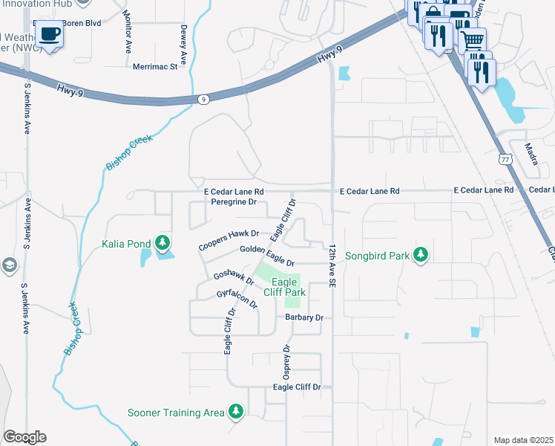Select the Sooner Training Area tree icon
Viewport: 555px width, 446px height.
point(236,411)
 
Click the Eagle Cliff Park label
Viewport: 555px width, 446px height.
point(288,287)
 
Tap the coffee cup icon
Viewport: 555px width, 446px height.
point(50,34)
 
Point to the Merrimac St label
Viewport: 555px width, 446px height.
point(156,66)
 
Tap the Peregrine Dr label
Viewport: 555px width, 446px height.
point(233,201)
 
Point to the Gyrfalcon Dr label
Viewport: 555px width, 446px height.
point(237,300)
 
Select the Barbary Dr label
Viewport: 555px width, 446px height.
point(304,317)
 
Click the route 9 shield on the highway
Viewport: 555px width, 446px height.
point(203,98)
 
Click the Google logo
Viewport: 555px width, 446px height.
point(24,437)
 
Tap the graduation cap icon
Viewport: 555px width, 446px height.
point(9,265)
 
